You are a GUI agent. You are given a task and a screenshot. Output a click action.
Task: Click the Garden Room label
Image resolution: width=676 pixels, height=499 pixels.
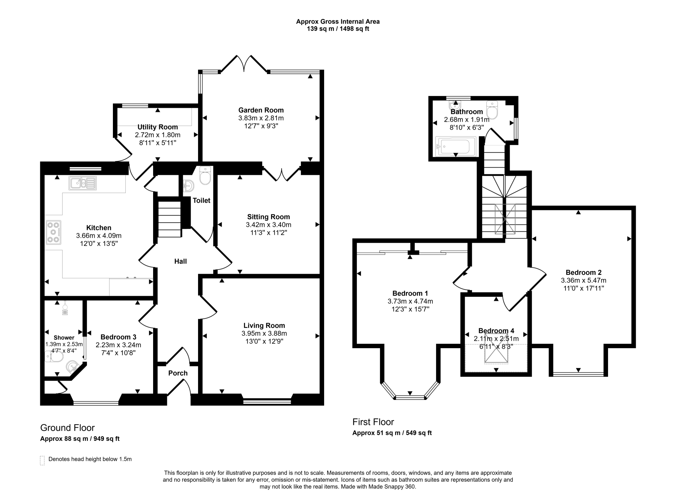coord(261,110)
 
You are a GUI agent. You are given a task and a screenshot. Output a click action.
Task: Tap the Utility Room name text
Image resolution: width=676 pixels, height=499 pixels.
coord(158,127)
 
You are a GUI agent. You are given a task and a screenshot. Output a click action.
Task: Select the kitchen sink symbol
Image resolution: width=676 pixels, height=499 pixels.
coord(83,183)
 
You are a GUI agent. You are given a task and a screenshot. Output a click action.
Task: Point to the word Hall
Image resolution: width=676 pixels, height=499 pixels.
coord(180,261)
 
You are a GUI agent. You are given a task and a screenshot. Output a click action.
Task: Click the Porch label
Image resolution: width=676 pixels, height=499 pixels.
coord(178,373)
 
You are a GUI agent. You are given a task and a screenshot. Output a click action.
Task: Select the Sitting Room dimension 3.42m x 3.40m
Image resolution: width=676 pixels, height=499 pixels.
coord(269,225)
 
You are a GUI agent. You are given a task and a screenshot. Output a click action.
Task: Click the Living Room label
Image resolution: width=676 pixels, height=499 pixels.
coord(264,326)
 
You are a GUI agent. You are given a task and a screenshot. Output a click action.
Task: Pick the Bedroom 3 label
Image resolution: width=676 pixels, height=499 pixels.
coord(118,337)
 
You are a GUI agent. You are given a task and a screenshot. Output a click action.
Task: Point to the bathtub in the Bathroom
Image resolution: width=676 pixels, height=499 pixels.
coord(456,146)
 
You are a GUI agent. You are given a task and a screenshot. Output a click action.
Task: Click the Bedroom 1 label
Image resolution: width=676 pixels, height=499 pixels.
coord(410,293)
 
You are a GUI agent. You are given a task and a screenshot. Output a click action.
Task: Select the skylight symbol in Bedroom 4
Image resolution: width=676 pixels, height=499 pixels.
coord(496,353)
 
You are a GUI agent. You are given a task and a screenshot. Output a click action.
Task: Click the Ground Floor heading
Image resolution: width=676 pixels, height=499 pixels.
coord(68,428)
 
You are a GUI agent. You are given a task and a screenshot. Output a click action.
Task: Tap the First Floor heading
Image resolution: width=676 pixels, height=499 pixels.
coord(373,422)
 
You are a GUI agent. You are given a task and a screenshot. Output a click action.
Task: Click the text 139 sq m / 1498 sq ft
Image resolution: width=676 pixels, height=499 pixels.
coord(338,29)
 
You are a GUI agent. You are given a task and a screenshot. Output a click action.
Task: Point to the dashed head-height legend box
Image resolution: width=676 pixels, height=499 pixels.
coord(42,460)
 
